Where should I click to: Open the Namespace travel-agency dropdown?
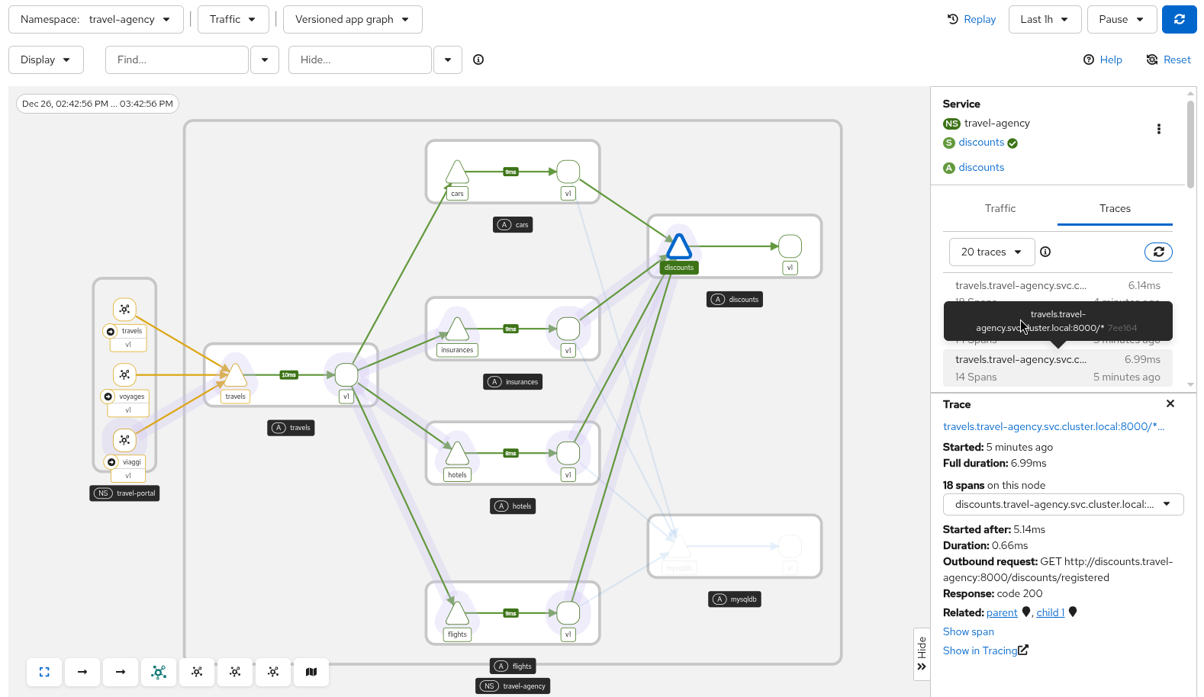pyautogui.click(x=95, y=20)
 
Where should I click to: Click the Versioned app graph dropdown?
pyautogui.click(x=352, y=20)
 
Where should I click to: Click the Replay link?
pyautogui.click(x=971, y=20)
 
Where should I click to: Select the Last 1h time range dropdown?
pyautogui.click(x=1044, y=20)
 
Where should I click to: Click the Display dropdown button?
pyautogui.click(x=46, y=59)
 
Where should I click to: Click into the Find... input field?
pyautogui.click(x=177, y=59)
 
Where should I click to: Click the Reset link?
pyautogui.click(x=1168, y=59)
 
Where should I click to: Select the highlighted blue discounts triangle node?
pyautogui.click(x=678, y=247)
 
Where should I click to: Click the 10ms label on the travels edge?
pyautogui.click(x=288, y=375)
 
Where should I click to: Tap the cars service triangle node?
pyautogui.click(x=457, y=173)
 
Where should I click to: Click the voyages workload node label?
pyautogui.click(x=131, y=397)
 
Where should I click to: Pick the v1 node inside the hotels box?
pyautogui.click(x=568, y=453)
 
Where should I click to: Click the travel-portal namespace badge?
pyautogui.click(x=124, y=493)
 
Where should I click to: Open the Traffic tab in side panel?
pyautogui.click(x=1000, y=208)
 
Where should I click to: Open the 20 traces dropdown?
pyautogui.click(x=991, y=252)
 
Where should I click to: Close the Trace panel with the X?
pyautogui.click(x=1170, y=403)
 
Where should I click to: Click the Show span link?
pyautogui.click(x=968, y=631)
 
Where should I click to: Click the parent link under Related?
pyautogui.click(x=1001, y=612)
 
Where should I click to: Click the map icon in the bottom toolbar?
pyautogui.click(x=311, y=672)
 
